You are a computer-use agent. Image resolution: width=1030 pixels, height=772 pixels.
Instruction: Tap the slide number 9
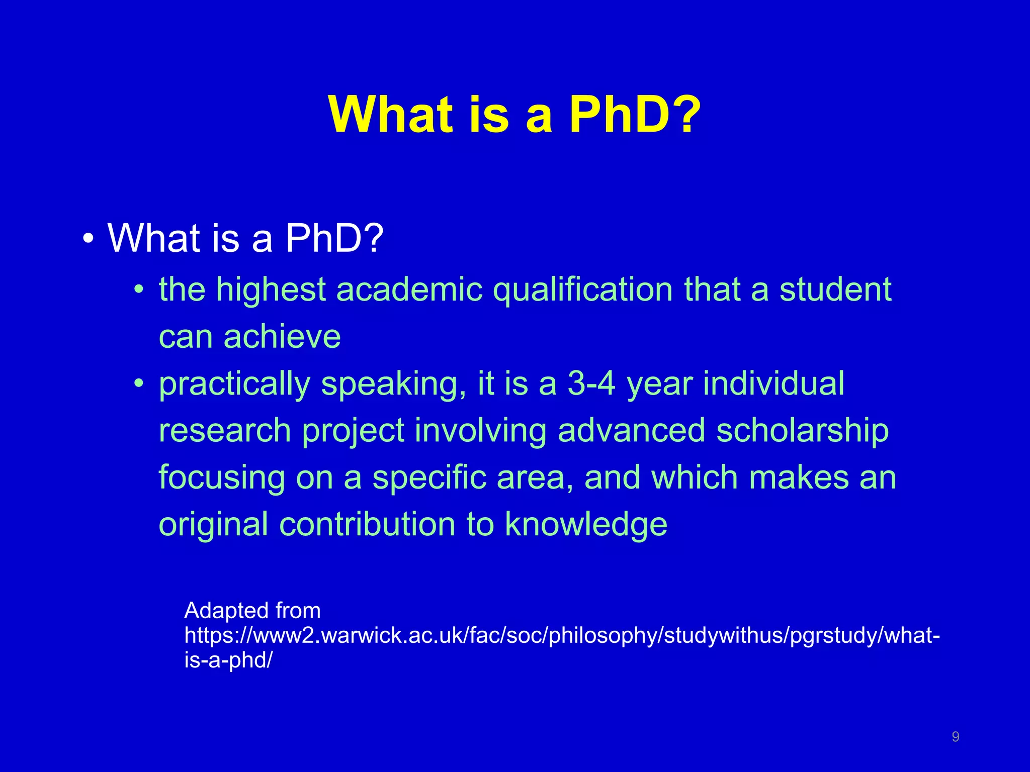coord(956,737)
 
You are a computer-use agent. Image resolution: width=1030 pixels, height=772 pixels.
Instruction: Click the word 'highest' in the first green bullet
coord(271,290)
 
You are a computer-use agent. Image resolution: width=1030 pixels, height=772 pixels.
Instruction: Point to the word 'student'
coord(835,290)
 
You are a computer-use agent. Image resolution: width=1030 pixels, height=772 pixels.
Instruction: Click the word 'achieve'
coord(282,336)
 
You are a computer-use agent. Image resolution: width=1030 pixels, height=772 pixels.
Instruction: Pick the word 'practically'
coord(234,384)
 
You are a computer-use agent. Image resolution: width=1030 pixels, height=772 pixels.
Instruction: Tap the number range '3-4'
coord(591,383)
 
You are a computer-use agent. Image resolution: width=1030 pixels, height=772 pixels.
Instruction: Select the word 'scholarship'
coord(802,431)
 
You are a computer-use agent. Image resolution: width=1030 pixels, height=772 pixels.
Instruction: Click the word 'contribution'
coord(367,524)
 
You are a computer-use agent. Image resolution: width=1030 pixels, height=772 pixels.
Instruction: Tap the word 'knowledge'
coord(586,524)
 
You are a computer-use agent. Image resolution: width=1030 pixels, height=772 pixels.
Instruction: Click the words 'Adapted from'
coord(252,611)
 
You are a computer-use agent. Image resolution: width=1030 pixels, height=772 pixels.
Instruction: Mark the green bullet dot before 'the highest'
coord(139,290)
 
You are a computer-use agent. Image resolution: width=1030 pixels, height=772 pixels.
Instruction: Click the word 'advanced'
coord(631,431)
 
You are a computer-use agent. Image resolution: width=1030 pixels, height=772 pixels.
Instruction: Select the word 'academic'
coord(409,290)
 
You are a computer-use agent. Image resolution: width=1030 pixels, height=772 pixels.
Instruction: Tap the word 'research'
coord(225,431)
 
